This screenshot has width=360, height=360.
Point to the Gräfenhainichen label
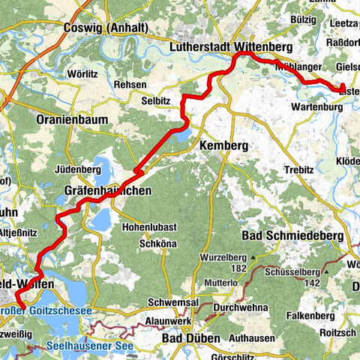104,191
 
